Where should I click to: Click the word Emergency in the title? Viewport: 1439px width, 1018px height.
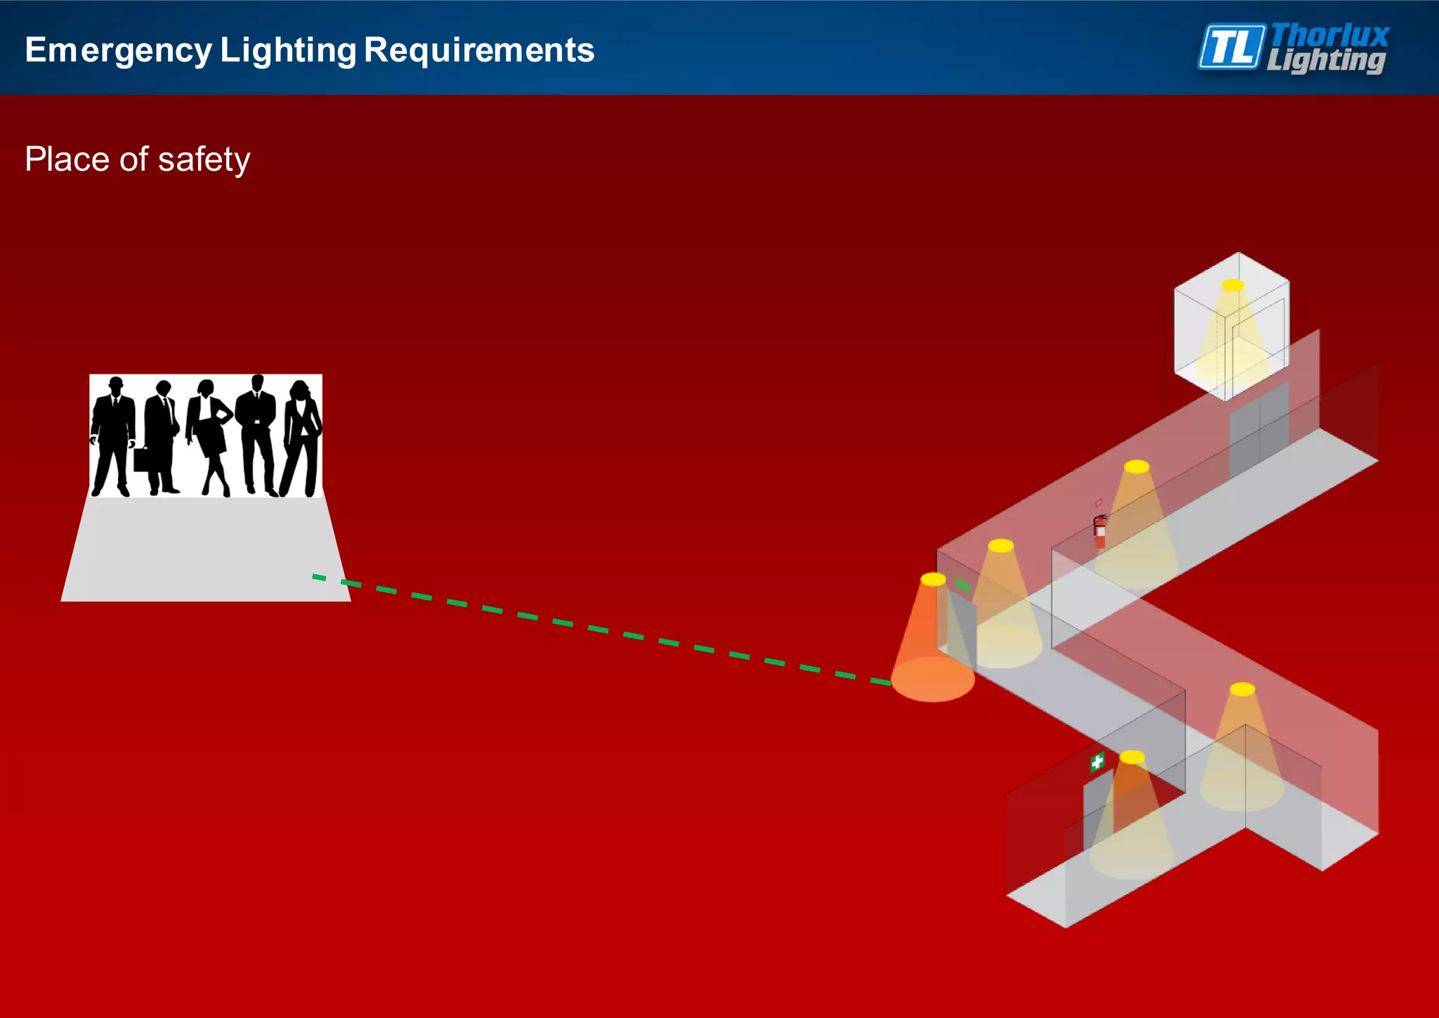pyautogui.click(x=118, y=51)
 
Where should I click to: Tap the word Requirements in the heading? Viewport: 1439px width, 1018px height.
pyautogui.click(x=478, y=51)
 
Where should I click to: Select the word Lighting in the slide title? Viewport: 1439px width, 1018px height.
pyautogui.click(x=288, y=51)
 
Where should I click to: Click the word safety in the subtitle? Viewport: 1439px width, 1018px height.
pyautogui.click(x=204, y=159)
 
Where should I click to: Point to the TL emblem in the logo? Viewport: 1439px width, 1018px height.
pyautogui.click(x=1231, y=47)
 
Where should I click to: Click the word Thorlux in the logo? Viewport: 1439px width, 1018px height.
pyautogui.click(x=1330, y=34)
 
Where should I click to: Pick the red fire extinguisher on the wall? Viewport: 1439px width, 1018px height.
pyautogui.click(x=1100, y=532)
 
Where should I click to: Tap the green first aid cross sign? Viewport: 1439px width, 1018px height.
pyautogui.click(x=1097, y=762)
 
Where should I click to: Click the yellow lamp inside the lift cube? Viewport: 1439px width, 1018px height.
pyautogui.click(x=1232, y=285)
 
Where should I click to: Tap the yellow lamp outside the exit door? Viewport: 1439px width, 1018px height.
pyautogui.click(x=933, y=580)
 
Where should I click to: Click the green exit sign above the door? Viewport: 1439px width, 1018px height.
pyautogui.click(x=963, y=585)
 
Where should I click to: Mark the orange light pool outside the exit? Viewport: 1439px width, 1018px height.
pyautogui.click(x=933, y=679)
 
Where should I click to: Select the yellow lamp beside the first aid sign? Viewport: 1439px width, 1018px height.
pyautogui.click(x=1132, y=757)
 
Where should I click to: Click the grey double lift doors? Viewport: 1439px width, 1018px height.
pyautogui.click(x=1258, y=431)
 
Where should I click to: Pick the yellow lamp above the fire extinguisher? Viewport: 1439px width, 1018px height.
pyautogui.click(x=1136, y=466)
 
